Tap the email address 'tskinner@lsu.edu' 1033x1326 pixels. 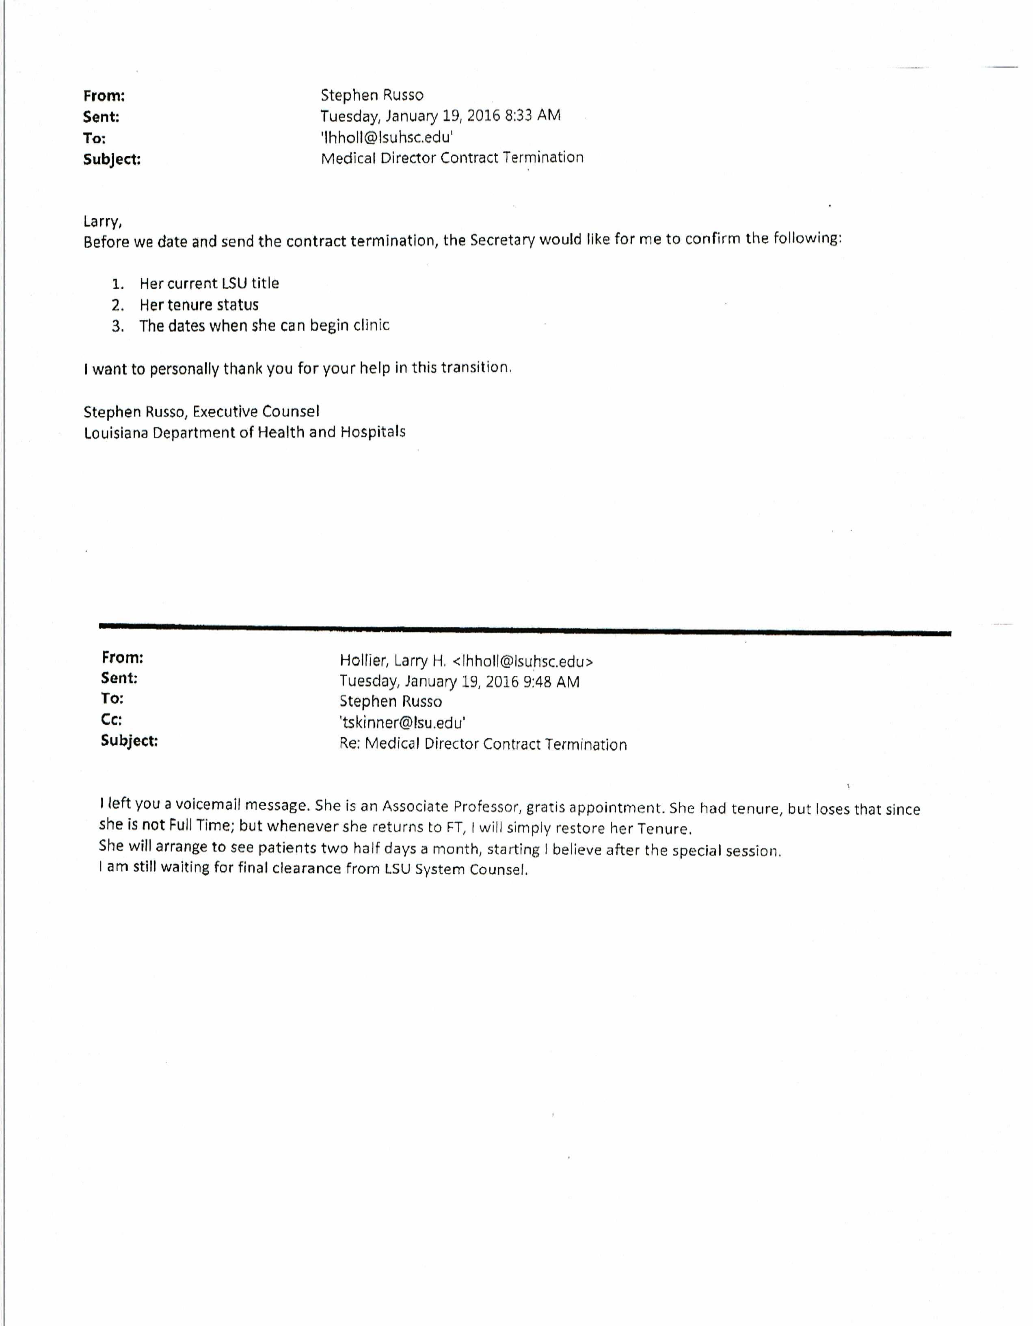[402, 722]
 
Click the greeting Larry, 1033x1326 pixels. [103, 221]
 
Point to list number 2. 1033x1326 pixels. [118, 305]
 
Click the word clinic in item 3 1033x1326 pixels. [371, 325]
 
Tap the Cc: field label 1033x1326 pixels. [112, 720]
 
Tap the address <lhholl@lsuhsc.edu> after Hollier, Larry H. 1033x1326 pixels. [523, 661]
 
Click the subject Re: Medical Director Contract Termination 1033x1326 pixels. [482, 744]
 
